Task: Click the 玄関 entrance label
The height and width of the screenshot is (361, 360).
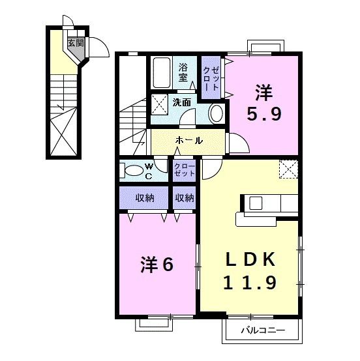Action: click(x=76, y=44)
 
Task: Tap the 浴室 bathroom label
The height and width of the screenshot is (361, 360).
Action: click(x=184, y=72)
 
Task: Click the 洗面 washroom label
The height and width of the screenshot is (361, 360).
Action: click(x=182, y=102)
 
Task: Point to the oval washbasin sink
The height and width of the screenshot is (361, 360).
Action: click(x=216, y=113)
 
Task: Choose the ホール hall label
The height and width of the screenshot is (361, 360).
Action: click(x=189, y=140)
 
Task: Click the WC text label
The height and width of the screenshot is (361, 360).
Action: click(x=149, y=171)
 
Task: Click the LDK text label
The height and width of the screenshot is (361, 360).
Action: click(x=251, y=260)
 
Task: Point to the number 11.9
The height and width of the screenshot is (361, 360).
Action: click(x=251, y=282)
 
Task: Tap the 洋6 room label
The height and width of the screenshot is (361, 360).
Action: click(x=157, y=265)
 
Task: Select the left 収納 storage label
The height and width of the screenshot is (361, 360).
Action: click(x=144, y=197)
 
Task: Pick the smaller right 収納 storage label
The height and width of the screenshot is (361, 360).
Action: click(x=185, y=197)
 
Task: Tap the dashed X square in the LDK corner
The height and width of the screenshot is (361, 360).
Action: click(x=288, y=169)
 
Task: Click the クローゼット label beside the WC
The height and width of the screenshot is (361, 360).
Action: click(x=185, y=171)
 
